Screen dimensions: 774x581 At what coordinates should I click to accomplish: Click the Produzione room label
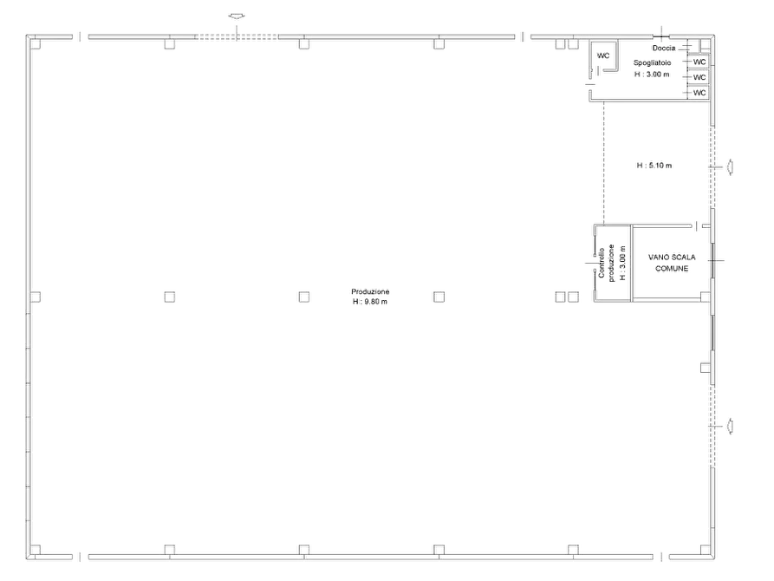point(370,291)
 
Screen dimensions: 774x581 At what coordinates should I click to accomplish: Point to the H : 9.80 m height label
point(370,302)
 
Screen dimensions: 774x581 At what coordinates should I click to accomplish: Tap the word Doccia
point(664,48)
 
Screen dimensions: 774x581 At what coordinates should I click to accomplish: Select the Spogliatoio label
point(652,62)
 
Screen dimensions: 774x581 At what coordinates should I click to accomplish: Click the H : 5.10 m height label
point(654,166)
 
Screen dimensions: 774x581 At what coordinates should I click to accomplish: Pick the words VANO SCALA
point(672,257)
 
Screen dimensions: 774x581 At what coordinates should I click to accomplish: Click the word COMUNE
point(672,268)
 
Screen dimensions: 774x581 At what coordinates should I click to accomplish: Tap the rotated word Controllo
point(602,263)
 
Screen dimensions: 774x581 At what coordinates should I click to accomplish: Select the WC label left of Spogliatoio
point(603,55)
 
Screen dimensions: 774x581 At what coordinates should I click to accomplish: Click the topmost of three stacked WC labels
point(699,62)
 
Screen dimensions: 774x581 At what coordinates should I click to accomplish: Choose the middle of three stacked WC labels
point(699,77)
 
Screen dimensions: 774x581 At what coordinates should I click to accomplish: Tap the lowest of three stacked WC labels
point(699,93)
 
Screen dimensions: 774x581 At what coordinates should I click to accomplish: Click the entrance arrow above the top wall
point(237,16)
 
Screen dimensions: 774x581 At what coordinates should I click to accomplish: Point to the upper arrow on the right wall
point(729,167)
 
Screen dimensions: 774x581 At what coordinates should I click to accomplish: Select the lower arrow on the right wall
point(729,426)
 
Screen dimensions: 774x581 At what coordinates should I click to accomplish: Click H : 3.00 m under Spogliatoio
point(652,74)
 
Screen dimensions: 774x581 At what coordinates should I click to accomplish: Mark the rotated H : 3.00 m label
point(622,263)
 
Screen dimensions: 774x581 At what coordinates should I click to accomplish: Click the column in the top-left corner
point(35,44)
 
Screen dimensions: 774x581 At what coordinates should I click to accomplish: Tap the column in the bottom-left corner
point(35,550)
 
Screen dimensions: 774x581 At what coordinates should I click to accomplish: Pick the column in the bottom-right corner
point(706,550)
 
